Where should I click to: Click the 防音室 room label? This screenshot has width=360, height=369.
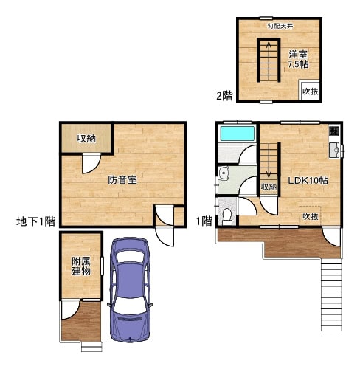tap(122, 180)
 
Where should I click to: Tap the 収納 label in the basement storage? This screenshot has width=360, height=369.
tap(86, 139)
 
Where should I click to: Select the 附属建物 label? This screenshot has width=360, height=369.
tap(81, 266)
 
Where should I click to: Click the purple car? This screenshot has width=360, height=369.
tap(130, 289)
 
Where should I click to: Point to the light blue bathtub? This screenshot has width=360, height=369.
tap(238, 134)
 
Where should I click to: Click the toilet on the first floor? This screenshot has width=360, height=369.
tap(227, 215)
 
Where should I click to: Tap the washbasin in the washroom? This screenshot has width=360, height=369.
tap(224, 173)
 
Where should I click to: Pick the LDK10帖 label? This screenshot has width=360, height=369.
tap(308, 181)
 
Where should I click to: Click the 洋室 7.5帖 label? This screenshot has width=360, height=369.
tap(298, 59)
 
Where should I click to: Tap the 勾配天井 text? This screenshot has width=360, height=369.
tap(280, 26)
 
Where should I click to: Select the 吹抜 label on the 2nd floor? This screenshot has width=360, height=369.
tap(311, 92)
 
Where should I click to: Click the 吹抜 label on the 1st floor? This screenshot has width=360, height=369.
tap(311, 217)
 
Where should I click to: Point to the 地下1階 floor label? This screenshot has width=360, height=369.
tap(35, 221)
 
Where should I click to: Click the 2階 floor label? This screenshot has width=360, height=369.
tap(224, 96)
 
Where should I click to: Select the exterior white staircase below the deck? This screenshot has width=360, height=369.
tap(331, 294)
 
